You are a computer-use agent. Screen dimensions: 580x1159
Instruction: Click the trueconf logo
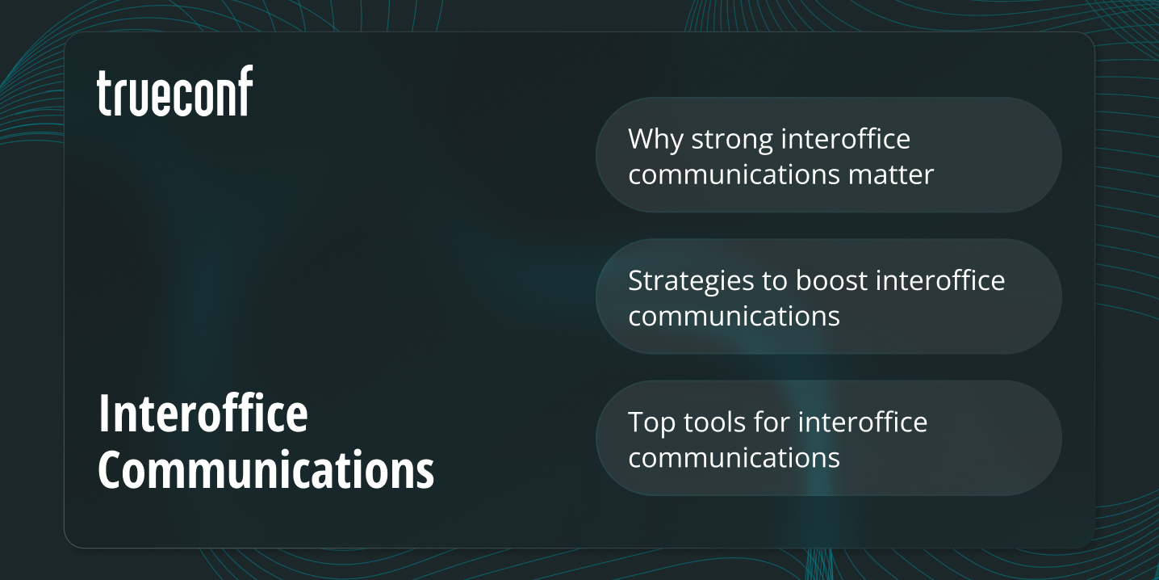point(174,91)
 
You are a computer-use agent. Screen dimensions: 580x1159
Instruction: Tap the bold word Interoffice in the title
point(203,414)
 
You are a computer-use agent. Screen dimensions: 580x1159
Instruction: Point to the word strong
point(732,141)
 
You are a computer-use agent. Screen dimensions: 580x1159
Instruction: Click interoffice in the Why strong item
point(846,139)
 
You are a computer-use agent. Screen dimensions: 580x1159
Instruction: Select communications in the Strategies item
point(734,316)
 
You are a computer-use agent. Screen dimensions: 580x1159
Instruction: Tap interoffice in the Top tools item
point(863,422)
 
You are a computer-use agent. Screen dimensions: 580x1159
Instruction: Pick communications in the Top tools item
point(734,457)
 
